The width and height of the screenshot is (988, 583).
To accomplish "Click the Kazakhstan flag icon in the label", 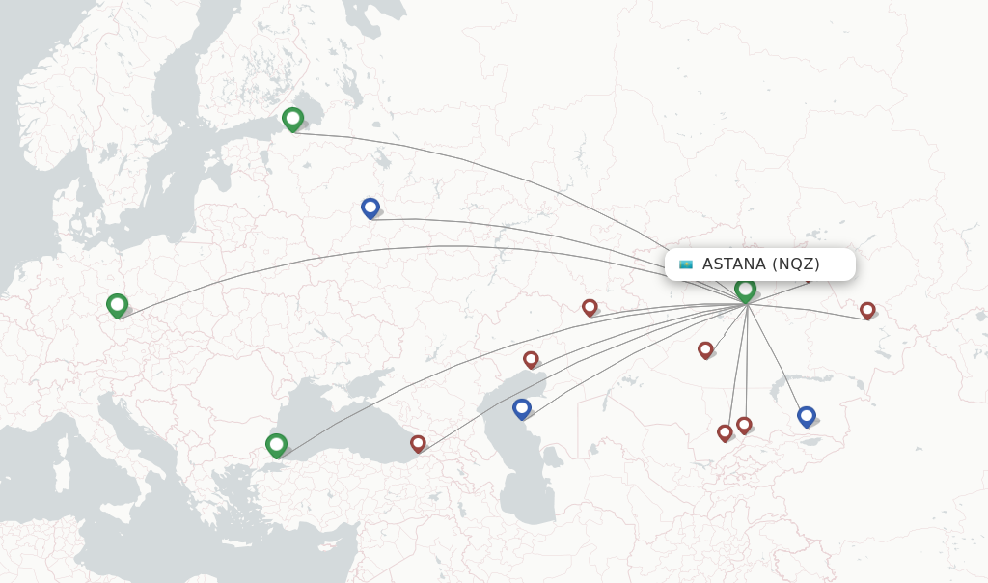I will [686, 264].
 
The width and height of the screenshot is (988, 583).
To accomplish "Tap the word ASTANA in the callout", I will [733, 264].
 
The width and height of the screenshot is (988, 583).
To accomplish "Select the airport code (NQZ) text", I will [796, 264].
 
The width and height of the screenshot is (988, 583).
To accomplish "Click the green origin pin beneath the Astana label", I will [745, 289].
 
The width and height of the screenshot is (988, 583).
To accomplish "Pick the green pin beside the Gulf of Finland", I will [292, 118].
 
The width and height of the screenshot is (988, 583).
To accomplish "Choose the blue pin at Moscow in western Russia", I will [370, 207].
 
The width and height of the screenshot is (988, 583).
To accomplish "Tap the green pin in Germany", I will [117, 304].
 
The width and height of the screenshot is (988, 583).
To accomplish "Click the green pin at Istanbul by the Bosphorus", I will [276, 444].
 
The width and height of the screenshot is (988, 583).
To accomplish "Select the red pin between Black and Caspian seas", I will [418, 443].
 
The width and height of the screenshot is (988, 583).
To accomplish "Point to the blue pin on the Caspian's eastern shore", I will [522, 407].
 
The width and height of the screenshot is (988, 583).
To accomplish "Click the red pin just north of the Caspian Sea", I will [531, 359].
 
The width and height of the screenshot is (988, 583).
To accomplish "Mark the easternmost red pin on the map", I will [867, 310].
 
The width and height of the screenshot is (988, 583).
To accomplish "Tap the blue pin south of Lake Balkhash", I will [807, 415].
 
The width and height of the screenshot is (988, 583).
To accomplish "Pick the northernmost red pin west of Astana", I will [590, 307].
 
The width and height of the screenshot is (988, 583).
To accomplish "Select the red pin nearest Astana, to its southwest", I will [705, 349].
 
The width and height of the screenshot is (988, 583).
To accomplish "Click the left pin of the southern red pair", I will [725, 432].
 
